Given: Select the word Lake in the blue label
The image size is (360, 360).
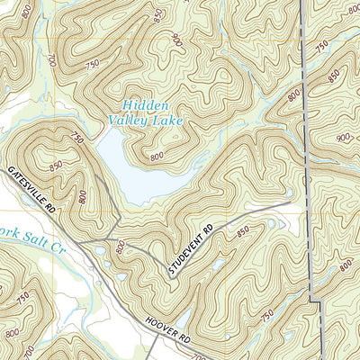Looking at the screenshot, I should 168,119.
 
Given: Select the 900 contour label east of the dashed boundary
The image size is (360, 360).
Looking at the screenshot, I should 343,137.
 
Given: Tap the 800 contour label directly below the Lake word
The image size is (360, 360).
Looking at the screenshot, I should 157,157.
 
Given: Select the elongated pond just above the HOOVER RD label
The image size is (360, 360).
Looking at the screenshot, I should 182,317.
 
